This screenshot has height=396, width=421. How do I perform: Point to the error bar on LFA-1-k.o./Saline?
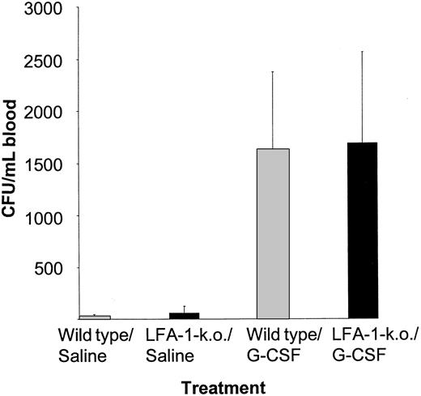(x=184, y=309)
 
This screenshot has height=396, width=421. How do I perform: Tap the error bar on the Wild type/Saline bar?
(x=92, y=315)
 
